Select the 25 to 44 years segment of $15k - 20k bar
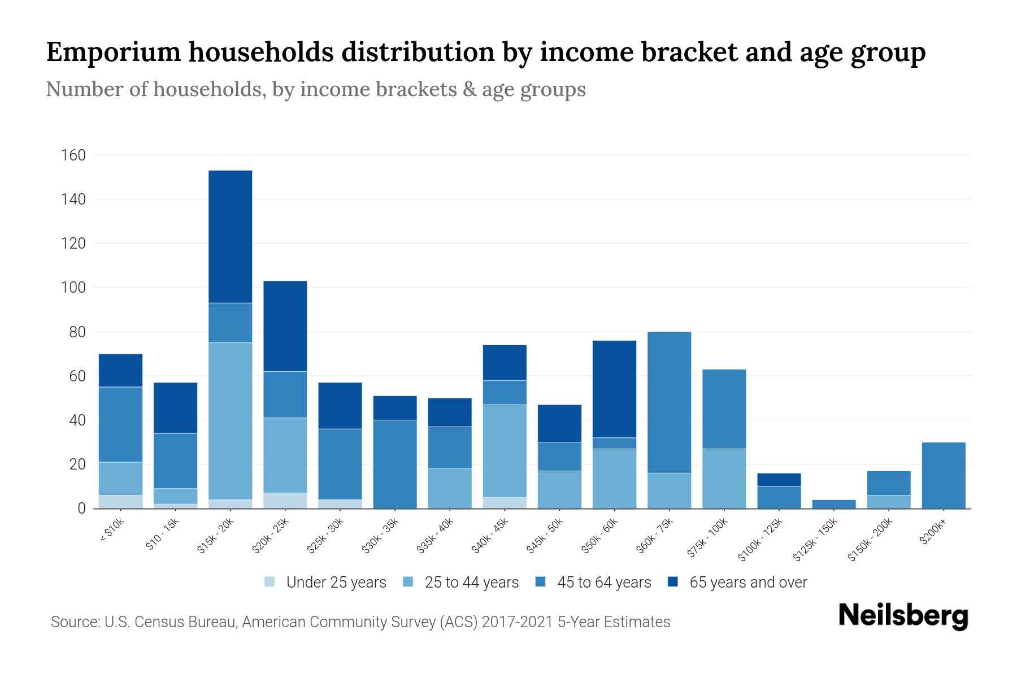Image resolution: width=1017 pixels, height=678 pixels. coord(231,421)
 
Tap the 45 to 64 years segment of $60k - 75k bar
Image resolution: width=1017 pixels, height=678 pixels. coord(669,402)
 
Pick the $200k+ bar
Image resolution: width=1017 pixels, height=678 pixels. coord(944,475)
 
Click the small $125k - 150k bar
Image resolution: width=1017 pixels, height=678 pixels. coord(833,504)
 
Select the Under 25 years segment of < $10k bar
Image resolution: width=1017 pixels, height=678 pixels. coord(120,502)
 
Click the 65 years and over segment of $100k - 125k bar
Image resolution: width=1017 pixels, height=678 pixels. coord(779,480)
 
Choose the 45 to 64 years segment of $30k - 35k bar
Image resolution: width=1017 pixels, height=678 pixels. coord(395,464)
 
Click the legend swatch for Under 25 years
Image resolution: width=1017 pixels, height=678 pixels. coord(270,582)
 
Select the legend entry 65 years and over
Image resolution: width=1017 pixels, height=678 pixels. coord(747,583)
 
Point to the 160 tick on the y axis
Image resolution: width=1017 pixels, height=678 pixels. coord(73,155)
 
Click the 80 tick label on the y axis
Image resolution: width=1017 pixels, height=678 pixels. coord(77,332)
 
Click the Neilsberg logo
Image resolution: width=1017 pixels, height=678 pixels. coord(903,615)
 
